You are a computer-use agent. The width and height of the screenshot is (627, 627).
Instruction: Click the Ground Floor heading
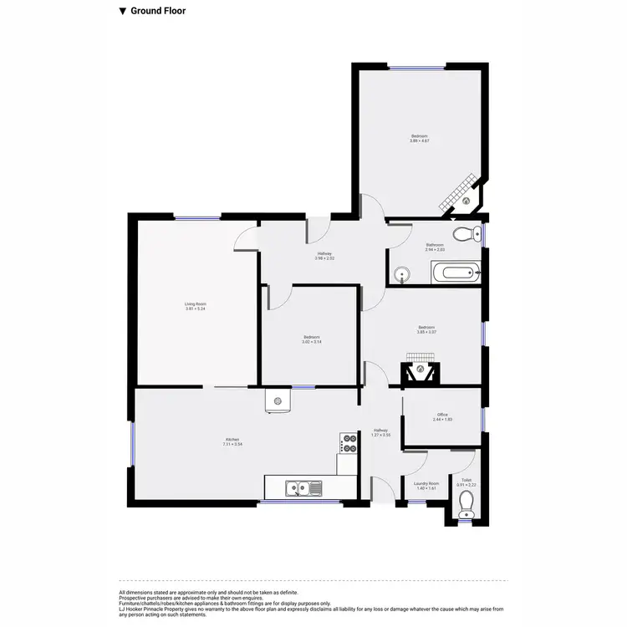[x=158, y=12]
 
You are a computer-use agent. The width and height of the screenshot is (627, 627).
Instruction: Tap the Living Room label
[x=196, y=304]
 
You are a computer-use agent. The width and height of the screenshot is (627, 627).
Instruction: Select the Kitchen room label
[x=232, y=440]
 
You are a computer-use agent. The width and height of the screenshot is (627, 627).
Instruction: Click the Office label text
[x=442, y=415]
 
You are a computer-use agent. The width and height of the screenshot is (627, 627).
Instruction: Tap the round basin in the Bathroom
[x=403, y=273]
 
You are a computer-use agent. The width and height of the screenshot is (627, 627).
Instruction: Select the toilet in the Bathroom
[x=465, y=233]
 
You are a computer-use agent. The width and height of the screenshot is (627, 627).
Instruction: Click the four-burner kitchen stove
[x=348, y=442]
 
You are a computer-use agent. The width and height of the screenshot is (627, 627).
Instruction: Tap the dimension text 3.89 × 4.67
[x=419, y=141]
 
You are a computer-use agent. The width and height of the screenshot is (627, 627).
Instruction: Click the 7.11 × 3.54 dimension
[x=232, y=445]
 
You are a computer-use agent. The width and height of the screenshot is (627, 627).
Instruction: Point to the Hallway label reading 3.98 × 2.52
[x=324, y=258]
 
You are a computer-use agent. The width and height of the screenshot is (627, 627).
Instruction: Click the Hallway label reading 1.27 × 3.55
[x=380, y=436]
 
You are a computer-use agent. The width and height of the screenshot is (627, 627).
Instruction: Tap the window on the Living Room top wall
[x=197, y=218]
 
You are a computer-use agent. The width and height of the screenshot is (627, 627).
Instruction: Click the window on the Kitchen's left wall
[x=131, y=444]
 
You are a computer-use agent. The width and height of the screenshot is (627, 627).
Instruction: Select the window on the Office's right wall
[x=483, y=417]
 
